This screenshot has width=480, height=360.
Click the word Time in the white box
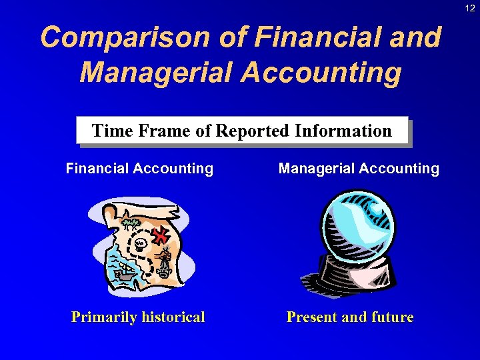109,131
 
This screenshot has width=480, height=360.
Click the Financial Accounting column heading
139,169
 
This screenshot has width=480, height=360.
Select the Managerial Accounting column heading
359,169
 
